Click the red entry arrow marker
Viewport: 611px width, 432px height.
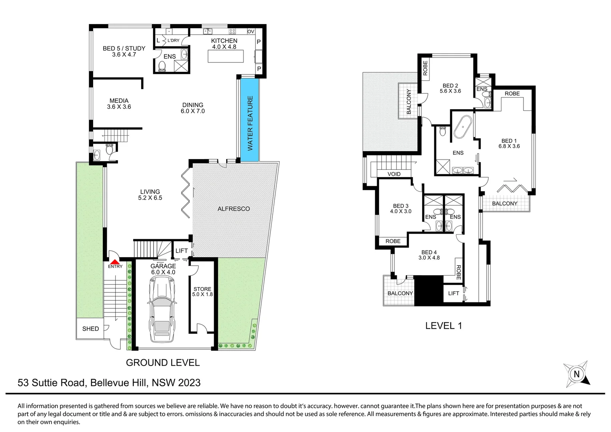(x=115, y=262)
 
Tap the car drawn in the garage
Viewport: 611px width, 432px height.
(x=162, y=308)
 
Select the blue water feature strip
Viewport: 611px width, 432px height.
(x=249, y=120)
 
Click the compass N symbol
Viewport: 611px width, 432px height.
(x=577, y=374)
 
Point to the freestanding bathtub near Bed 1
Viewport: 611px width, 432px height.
(x=463, y=127)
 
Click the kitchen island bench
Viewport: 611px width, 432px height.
(x=226, y=56)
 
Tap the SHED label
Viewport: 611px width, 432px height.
(x=90, y=328)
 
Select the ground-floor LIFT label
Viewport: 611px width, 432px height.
(x=182, y=250)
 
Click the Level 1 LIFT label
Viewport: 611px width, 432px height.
(x=453, y=293)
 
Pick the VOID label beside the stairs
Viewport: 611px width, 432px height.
(x=394, y=174)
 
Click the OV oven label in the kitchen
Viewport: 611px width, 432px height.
(x=251, y=32)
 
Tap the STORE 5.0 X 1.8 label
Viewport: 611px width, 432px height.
(x=202, y=292)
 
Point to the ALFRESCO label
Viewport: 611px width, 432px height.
(x=234, y=209)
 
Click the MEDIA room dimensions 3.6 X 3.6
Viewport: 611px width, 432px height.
(x=119, y=107)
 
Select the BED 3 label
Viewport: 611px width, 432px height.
(x=400, y=206)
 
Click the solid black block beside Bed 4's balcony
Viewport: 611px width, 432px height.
(x=429, y=290)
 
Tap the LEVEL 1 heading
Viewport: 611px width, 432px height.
(x=443, y=326)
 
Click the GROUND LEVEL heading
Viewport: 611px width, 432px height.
(x=163, y=363)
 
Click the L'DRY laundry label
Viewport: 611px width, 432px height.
(x=173, y=40)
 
